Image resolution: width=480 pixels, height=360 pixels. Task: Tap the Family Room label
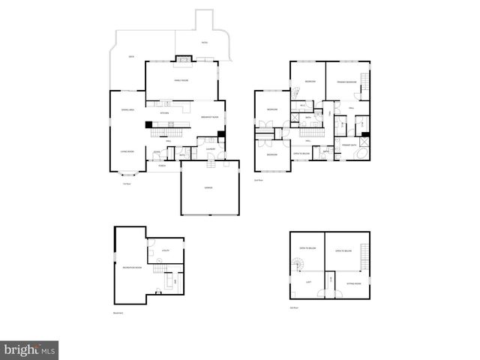[x=181, y=79]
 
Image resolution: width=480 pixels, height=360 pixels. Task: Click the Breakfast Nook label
[x=209, y=117]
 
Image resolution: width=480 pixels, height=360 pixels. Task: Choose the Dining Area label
[x=127, y=110]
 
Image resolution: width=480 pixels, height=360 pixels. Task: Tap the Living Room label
[x=127, y=151]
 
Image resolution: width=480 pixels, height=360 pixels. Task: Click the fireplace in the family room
[x=182, y=58]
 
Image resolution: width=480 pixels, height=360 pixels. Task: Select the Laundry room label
[x=211, y=148]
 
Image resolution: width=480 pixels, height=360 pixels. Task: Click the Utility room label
[x=166, y=250]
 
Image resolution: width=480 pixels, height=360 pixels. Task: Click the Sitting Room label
[x=353, y=283]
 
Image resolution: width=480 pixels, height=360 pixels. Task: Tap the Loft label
[x=308, y=282]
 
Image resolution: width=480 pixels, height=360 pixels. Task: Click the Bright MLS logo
[x=30, y=349]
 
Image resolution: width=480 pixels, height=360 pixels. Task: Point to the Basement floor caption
[x=117, y=313]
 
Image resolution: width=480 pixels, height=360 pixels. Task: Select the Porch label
[x=162, y=166]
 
